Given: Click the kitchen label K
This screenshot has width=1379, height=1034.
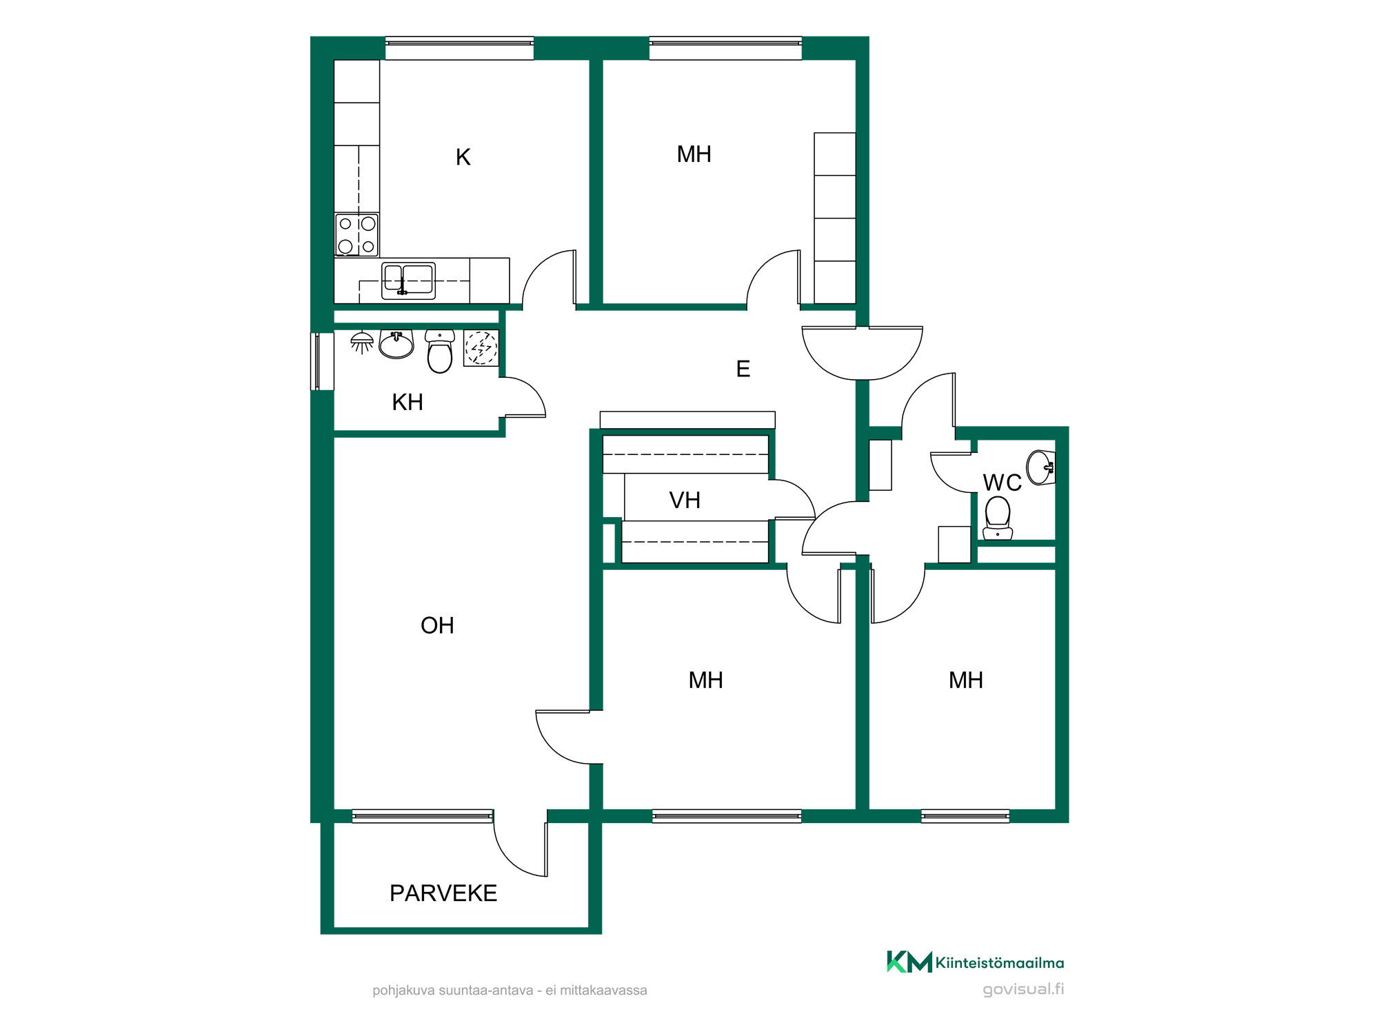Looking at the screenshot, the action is [x=463, y=157].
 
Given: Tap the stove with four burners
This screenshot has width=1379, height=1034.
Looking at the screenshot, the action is [x=356, y=234].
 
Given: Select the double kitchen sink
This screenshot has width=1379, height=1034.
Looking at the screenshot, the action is [x=408, y=281].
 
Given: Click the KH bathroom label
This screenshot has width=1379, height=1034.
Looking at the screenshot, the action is [x=407, y=402].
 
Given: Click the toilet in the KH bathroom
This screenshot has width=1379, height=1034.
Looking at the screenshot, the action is [x=440, y=351].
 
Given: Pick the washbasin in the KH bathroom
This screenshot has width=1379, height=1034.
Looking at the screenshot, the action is [x=396, y=344].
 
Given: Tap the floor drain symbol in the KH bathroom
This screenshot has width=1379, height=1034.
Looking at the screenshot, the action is [x=481, y=348].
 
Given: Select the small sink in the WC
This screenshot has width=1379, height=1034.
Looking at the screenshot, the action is [x=1040, y=468].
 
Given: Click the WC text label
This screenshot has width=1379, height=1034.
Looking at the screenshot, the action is [x=1002, y=483].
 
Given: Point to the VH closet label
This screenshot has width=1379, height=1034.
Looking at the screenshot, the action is [x=685, y=500].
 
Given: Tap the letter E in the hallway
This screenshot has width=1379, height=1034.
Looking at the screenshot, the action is [x=743, y=369].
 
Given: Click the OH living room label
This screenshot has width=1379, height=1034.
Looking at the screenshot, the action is [x=437, y=625].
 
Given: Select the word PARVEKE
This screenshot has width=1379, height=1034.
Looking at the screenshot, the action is [x=443, y=893].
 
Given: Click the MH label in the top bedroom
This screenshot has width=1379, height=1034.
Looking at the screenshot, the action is [x=694, y=154].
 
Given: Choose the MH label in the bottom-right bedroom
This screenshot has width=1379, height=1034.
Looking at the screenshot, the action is [x=966, y=680].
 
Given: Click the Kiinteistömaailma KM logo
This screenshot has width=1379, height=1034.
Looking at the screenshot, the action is [x=975, y=962].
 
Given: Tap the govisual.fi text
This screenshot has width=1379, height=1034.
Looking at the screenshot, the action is [x=1023, y=989].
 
